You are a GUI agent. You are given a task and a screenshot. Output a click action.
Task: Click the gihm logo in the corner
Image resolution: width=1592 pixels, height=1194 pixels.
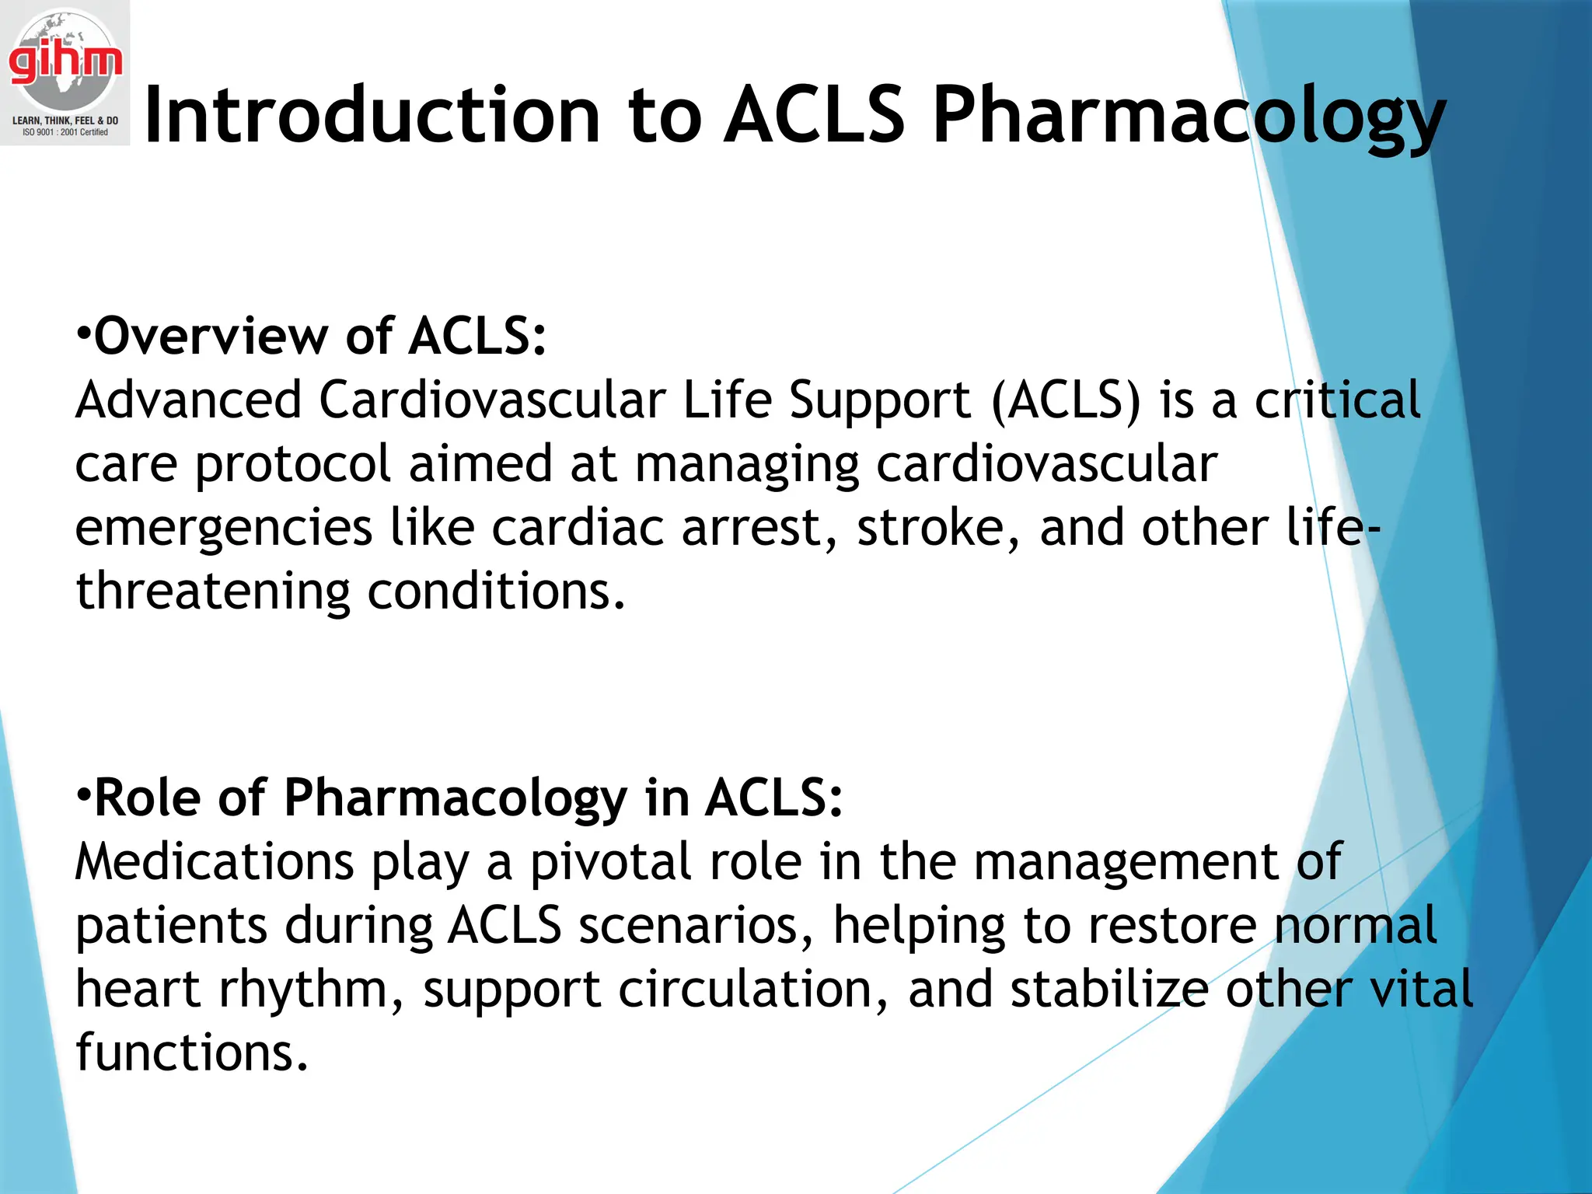(x=65, y=62)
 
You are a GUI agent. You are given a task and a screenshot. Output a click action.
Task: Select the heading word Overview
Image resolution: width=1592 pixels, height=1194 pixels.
(x=211, y=337)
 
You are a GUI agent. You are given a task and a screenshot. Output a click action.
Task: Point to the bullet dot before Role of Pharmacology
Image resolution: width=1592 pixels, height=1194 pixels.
(x=84, y=796)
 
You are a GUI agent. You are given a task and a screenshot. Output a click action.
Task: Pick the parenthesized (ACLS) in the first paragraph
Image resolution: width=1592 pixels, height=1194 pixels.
(x=1066, y=400)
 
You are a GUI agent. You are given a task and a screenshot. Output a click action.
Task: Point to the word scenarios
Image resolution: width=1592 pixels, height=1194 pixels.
(x=696, y=926)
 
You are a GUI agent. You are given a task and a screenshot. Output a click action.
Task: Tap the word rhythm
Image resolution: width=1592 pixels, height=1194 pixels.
(x=311, y=990)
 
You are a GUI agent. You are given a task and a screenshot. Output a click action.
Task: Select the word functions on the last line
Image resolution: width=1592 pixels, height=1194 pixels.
(x=191, y=1053)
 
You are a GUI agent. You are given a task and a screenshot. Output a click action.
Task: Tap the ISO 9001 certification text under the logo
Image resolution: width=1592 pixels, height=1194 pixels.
(x=65, y=133)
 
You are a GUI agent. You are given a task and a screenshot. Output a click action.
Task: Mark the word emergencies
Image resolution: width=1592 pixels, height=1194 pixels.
(x=224, y=529)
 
